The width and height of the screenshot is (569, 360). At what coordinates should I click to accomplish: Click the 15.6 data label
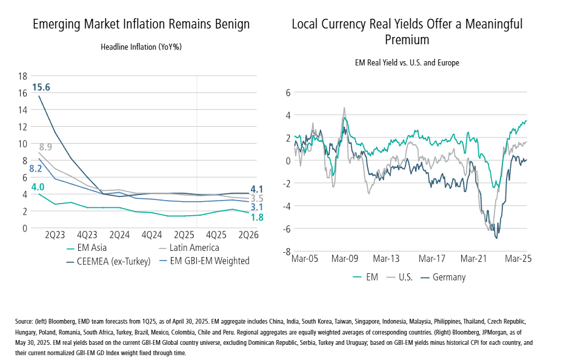point(42,87)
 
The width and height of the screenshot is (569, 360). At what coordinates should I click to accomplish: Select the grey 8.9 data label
point(45,147)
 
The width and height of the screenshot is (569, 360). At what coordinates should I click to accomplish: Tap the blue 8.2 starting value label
point(36,168)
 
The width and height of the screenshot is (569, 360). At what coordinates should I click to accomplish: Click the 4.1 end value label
point(256,188)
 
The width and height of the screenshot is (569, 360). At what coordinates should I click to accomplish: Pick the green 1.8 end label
point(256,217)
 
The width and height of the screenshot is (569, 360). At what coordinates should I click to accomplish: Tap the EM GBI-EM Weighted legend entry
point(211,261)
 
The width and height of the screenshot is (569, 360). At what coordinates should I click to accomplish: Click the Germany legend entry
point(449,277)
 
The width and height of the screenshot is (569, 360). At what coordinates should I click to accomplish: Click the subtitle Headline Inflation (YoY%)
point(141,47)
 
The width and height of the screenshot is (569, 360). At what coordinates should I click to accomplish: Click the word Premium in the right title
point(407,40)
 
